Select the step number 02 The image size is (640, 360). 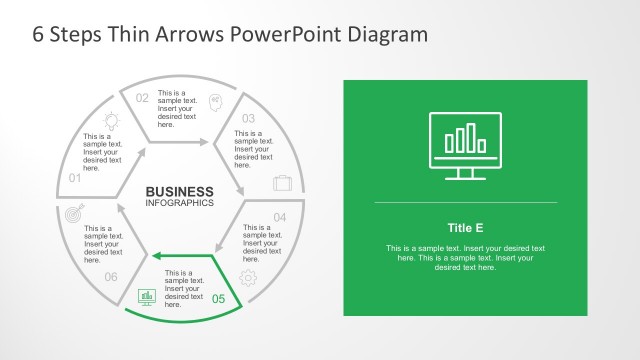pyautogui.click(x=142, y=98)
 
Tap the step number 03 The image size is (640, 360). pyautogui.click(x=248, y=119)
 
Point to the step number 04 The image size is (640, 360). pyautogui.click(x=280, y=218)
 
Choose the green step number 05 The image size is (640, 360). pyautogui.click(x=220, y=298)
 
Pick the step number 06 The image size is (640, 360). pyautogui.click(x=111, y=277)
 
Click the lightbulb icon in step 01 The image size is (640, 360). pyautogui.click(x=112, y=120)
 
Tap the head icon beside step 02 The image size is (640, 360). pyautogui.click(x=215, y=100)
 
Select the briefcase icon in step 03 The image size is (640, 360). pyautogui.click(x=283, y=183)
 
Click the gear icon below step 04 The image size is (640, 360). pyautogui.click(x=249, y=277)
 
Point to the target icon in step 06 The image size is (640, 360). pyautogui.click(x=72, y=214)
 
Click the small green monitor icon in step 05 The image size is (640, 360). pyautogui.click(x=146, y=296)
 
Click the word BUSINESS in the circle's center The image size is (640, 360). pyautogui.click(x=180, y=192)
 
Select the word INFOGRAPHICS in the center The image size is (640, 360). pyautogui.click(x=180, y=204)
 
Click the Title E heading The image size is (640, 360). pyautogui.click(x=465, y=227)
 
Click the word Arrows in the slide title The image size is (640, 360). pyautogui.click(x=188, y=34)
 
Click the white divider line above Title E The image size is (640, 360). pyautogui.click(x=465, y=203)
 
